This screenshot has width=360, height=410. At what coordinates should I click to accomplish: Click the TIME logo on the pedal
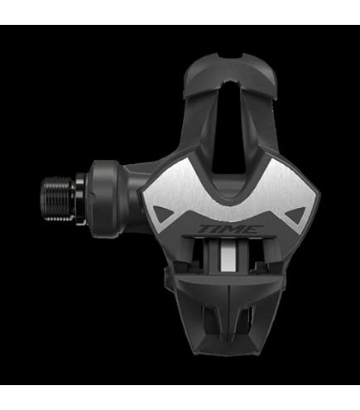230,229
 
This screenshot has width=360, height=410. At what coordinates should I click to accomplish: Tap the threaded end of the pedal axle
58,200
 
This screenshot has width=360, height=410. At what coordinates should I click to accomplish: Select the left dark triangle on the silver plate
163,214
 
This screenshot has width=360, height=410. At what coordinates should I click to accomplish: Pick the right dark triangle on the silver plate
295,215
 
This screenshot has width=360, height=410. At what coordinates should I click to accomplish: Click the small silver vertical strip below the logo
228,256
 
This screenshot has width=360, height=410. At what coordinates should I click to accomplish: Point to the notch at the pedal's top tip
231,56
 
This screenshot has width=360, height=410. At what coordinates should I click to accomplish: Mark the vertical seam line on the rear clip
229,313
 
